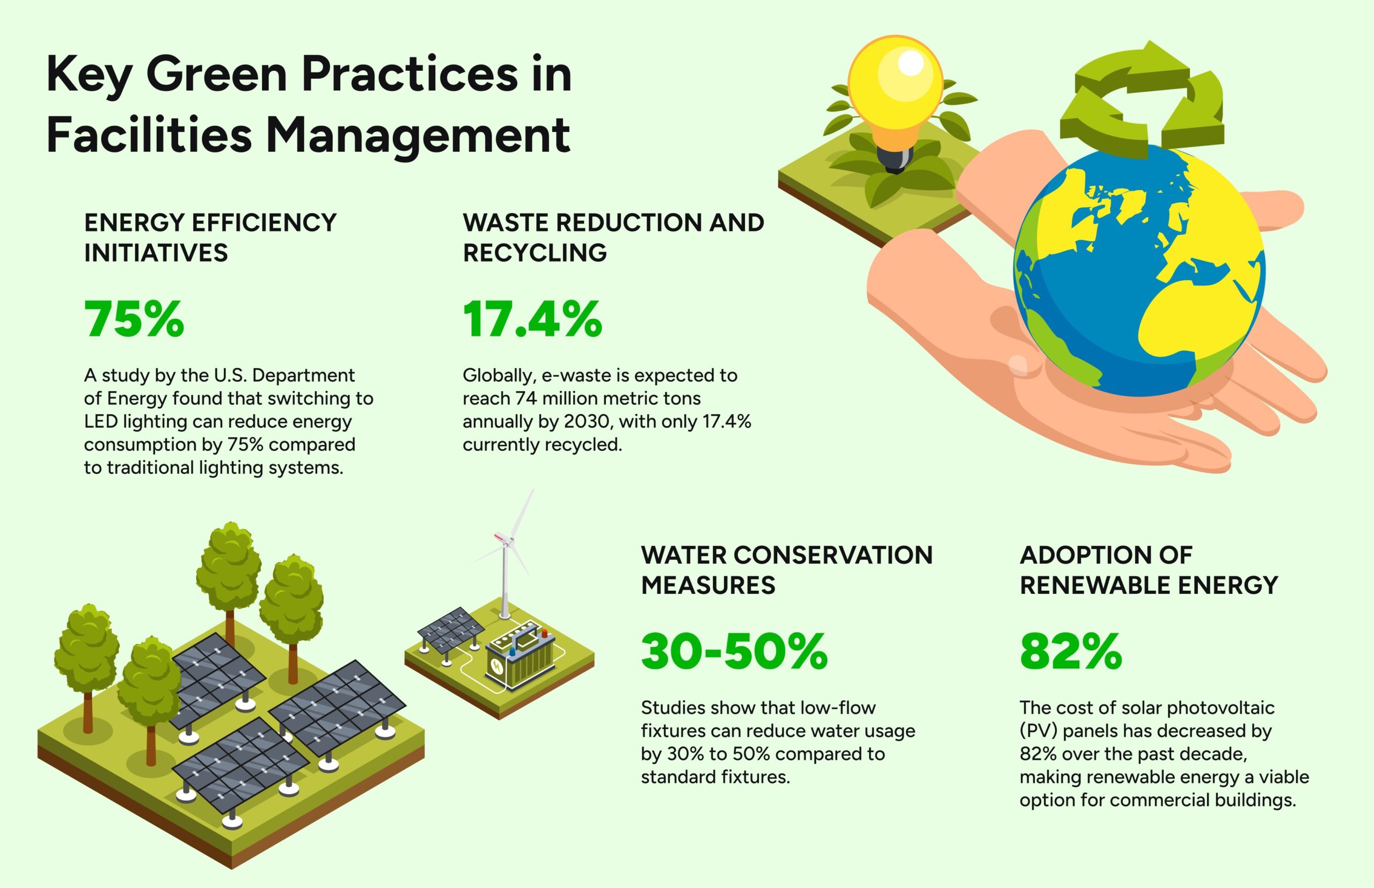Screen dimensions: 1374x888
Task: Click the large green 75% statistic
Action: point(134,319)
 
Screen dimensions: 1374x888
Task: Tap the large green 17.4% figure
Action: point(532,319)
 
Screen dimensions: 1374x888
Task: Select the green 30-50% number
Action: point(734,651)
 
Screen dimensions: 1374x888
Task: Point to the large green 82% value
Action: point(1071,651)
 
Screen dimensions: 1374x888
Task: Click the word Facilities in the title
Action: point(149,134)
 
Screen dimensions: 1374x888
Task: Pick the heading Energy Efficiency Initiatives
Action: point(210,238)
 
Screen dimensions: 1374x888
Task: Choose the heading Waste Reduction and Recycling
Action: point(613,238)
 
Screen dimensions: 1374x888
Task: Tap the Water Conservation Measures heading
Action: point(787,570)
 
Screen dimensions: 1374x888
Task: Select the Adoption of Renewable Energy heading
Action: point(1149,570)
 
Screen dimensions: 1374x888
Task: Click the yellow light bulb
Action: point(895,98)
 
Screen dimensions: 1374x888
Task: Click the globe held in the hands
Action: point(1139,269)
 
